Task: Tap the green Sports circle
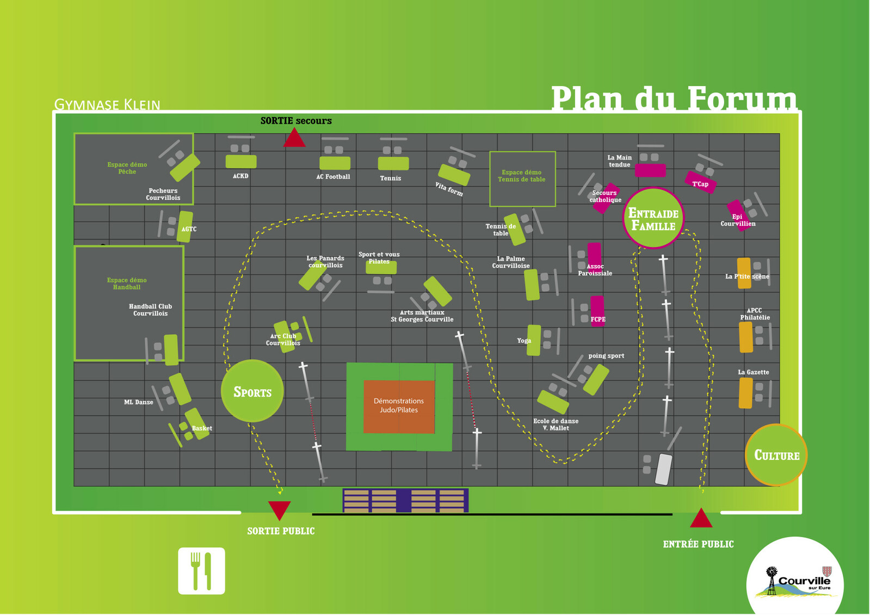tap(252, 391)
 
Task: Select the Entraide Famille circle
tap(653, 218)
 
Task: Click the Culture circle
tap(776, 455)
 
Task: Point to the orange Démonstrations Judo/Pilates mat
tap(399, 405)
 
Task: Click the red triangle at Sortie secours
tap(294, 139)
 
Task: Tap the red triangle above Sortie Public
tap(279, 509)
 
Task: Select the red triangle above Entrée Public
tap(701, 519)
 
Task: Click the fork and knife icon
tap(201, 571)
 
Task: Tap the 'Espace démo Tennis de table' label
tap(521, 176)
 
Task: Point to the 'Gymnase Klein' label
tap(107, 104)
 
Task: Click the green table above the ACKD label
tap(241, 162)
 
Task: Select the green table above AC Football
tap(335, 163)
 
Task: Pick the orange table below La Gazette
tap(745, 392)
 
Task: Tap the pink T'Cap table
tap(700, 182)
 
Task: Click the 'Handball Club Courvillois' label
tap(150, 310)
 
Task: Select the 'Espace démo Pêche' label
tap(127, 168)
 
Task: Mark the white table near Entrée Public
tap(663, 469)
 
